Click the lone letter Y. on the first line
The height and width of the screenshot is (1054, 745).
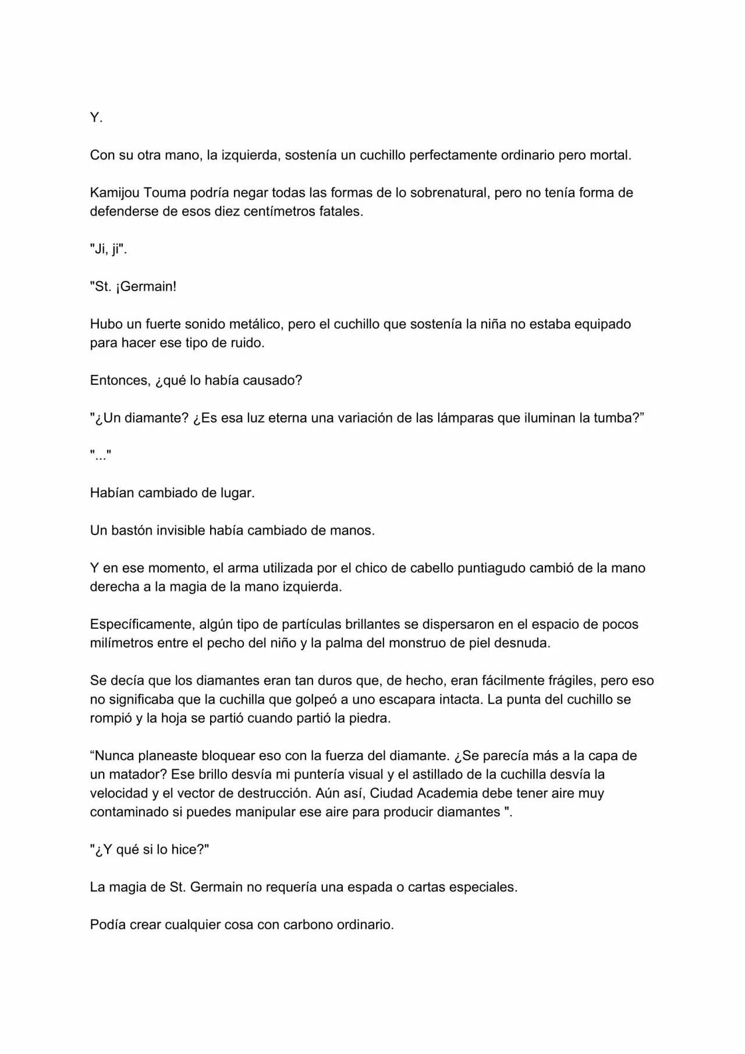[x=96, y=118]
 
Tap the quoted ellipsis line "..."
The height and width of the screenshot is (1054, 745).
[x=100, y=455]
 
